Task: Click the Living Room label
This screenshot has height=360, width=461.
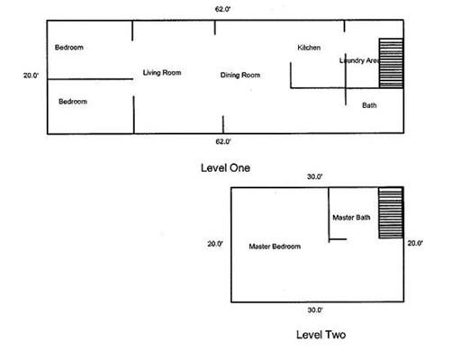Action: coord(162,73)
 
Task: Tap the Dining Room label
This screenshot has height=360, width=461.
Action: coord(240,75)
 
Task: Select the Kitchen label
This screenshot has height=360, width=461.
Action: coord(309,48)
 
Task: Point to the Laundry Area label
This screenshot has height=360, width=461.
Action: coord(359,60)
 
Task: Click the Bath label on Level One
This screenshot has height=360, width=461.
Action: coord(369,105)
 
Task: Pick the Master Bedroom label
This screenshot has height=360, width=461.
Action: coord(275,247)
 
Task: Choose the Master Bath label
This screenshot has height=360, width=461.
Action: coord(351,217)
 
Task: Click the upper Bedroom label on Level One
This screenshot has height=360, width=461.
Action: coord(69,48)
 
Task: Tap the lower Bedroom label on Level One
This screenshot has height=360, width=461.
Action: coord(73,102)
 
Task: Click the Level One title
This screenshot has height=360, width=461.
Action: coord(225,167)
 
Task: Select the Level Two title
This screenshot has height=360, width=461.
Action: coord(321,335)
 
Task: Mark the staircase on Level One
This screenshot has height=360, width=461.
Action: coord(391,63)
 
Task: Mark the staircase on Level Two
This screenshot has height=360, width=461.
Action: coord(391,212)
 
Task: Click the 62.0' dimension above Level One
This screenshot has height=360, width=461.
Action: coord(222,9)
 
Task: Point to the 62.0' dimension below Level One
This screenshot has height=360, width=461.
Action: coord(223,141)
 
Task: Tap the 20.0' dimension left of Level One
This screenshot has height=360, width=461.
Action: coord(31,76)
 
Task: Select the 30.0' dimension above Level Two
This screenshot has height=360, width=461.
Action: coord(314,176)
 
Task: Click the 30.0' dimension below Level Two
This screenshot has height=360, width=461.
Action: coord(315,310)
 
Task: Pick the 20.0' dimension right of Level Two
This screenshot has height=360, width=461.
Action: coord(415,243)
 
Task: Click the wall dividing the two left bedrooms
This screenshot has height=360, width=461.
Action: coord(90,79)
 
